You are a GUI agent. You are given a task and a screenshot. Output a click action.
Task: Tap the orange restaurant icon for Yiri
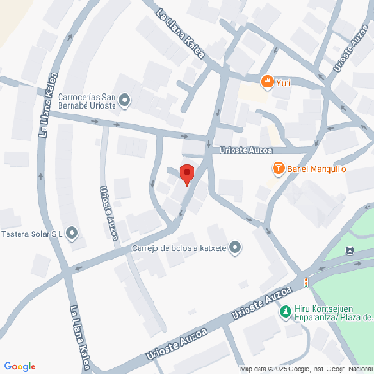click(x=268, y=83)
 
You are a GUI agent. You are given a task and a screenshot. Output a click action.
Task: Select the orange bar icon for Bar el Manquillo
click(x=277, y=168)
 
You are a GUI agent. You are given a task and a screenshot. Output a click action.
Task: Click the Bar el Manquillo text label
click(x=316, y=168)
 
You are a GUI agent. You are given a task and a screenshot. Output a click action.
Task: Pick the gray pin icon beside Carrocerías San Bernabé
click(x=126, y=100)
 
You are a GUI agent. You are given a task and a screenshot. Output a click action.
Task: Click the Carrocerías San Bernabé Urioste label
click(x=87, y=100)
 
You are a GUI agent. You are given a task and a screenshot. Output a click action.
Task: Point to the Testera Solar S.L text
click(x=33, y=233)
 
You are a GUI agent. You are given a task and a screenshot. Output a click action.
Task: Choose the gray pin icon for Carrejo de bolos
click(x=234, y=247)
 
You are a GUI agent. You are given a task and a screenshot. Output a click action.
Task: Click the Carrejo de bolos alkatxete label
click(x=177, y=247)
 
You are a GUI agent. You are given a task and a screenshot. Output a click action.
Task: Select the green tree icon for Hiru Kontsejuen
click(x=285, y=312)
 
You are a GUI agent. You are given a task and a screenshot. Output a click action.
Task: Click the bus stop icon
click(x=349, y=250)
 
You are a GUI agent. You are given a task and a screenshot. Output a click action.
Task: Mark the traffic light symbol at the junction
click(x=305, y=282)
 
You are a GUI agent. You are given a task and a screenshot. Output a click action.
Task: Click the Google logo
click(x=20, y=366)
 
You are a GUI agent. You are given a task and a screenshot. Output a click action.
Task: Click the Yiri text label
click(x=284, y=83)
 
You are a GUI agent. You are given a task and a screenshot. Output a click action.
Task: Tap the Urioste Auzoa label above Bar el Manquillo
click(x=243, y=149)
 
